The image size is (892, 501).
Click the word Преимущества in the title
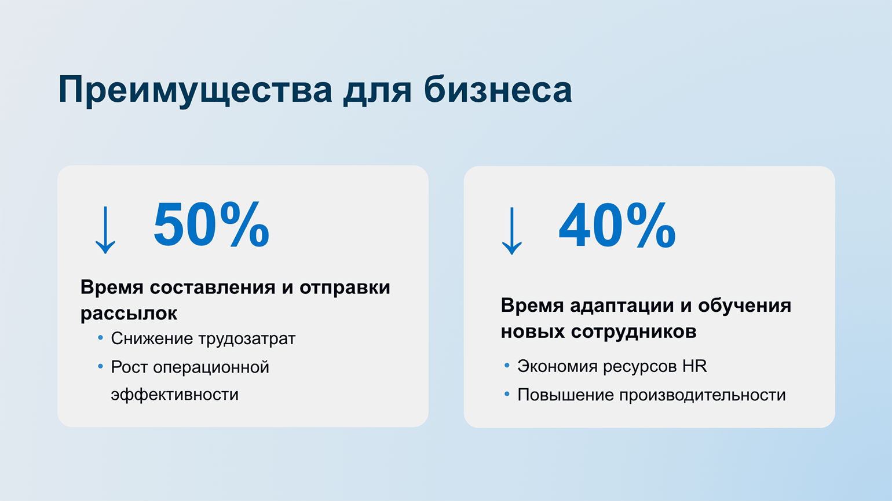195,91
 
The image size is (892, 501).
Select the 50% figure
211,224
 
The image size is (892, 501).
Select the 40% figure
617,226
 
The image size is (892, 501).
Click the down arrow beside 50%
105,230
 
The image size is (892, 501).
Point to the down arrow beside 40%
511,231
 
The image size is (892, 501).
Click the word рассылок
129,314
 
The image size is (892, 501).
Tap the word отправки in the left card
345,288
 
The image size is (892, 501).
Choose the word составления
212,288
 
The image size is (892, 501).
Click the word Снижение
152,338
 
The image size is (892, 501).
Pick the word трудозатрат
247,339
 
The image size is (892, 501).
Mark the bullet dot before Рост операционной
100,366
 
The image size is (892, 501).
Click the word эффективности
174,395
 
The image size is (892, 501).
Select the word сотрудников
634,331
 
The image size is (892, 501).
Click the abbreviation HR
694,366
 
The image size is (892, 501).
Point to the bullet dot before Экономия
507,366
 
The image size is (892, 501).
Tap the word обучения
744,306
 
